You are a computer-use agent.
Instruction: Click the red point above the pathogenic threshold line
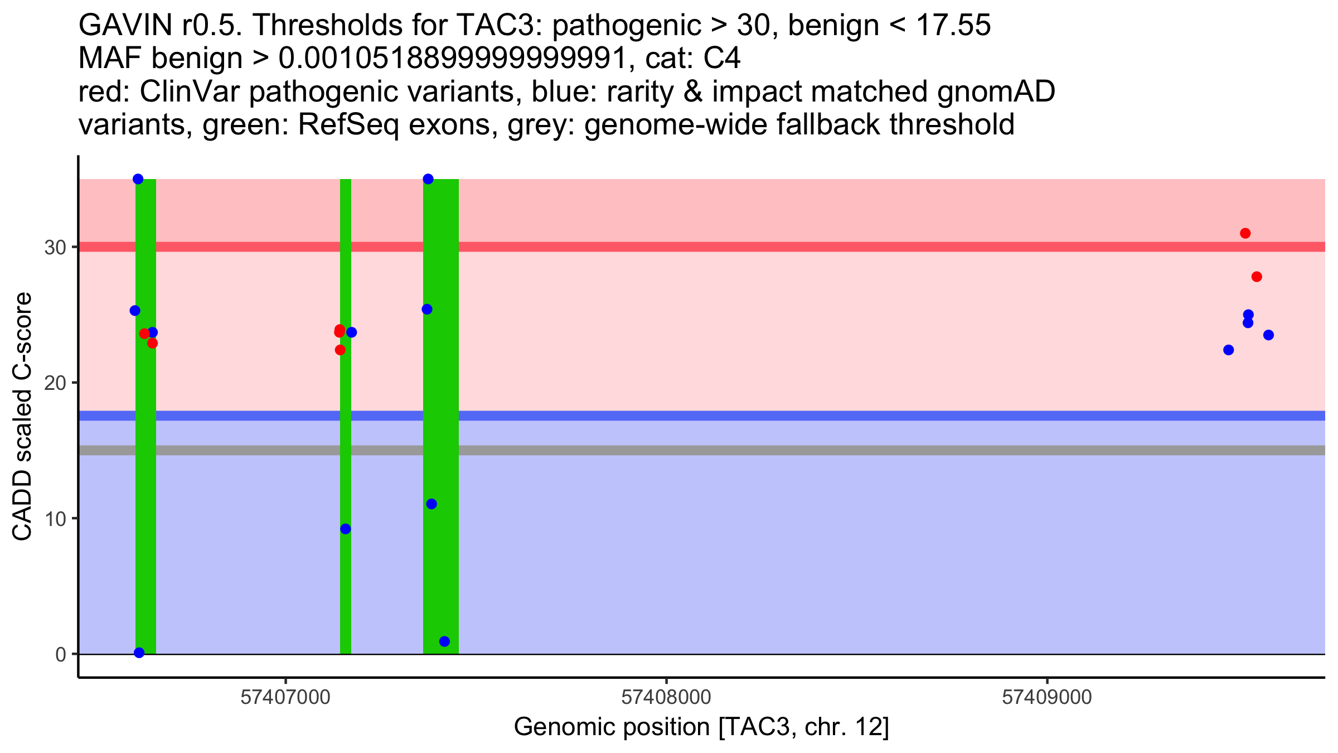(1245, 233)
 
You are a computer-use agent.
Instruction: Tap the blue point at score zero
(139, 653)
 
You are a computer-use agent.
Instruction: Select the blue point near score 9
(346, 529)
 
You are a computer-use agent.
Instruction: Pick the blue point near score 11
(432, 504)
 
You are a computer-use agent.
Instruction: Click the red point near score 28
(1257, 277)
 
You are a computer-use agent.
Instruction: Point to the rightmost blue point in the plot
(1268, 335)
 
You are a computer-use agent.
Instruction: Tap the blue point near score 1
(444, 641)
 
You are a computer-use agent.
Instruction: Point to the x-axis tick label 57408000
(666, 698)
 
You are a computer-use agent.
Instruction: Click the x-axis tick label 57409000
(1047, 698)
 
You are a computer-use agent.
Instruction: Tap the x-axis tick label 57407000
(285, 698)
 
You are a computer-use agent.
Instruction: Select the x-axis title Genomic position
(701, 727)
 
